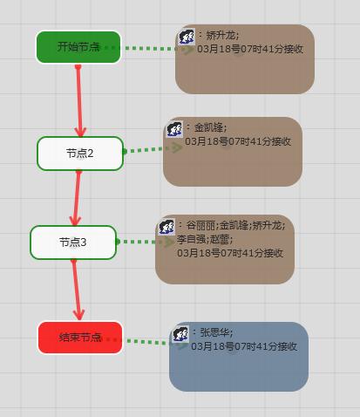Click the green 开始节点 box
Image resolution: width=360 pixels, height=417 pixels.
(x=78, y=47)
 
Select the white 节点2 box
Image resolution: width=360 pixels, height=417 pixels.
(x=80, y=154)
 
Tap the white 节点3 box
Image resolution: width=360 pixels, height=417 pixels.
(x=73, y=243)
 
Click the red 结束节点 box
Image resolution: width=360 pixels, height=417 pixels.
(x=80, y=338)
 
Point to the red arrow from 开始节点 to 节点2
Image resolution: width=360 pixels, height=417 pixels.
(x=79, y=101)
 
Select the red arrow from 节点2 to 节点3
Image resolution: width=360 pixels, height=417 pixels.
(x=77, y=198)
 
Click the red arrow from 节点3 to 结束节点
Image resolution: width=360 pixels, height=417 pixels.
(x=77, y=290)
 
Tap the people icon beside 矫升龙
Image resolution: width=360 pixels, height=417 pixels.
(x=187, y=37)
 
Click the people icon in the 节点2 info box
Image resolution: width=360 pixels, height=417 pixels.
(x=174, y=129)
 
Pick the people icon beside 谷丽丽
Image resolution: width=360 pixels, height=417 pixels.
(x=166, y=227)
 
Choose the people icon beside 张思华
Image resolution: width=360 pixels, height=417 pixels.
(x=180, y=334)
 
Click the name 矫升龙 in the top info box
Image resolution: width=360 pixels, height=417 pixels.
(x=221, y=36)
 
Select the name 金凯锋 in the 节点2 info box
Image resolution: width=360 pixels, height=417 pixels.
(x=208, y=127)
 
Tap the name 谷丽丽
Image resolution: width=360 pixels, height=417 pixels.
(x=200, y=225)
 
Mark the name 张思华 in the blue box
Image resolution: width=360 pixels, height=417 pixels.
(x=214, y=332)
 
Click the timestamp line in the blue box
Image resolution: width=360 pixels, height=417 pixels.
(x=244, y=346)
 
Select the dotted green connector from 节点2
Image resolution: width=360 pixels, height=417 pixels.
(x=153, y=149)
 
